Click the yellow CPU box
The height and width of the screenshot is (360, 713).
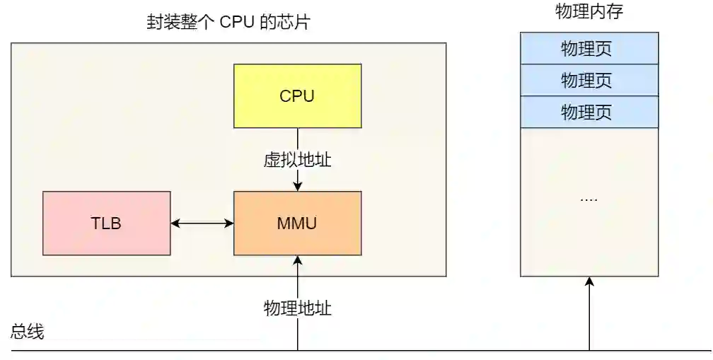pyautogui.click(x=297, y=95)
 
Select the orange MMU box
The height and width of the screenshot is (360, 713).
pyautogui.click(x=297, y=223)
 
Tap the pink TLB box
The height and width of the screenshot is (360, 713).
pyautogui.click(x=106, y=223)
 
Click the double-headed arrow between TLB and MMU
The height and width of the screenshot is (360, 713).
pyautogui.click(x=202, y=223)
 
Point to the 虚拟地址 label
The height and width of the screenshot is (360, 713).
pyautogui.click(x=297, y=160)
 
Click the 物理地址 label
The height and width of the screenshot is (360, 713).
pyautogui.click(x=297, y=308)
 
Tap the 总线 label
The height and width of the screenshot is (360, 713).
pyautogui.click(x=28, y=332)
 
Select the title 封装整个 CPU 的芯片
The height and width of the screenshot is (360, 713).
pyautogui.click(x=228, y=22)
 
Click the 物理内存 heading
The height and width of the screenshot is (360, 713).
pyautogui.click(x=589, y=12)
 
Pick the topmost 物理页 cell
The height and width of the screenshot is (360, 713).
pyautogui.click(x=589, y=48)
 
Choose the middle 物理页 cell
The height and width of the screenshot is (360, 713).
pyautogui.click(x=589, y=80)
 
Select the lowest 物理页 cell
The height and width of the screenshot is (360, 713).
pyautogui.click(x=589, y=112)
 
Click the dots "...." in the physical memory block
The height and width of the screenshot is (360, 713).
pyautogui.click(x=589, y=199)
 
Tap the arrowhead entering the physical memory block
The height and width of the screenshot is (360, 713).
pyautogui.click(x=589, y=281)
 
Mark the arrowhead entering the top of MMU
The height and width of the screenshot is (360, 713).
pyautogui.click(x=298, y=186)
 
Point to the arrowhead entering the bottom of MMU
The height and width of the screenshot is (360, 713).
pyautogui.click(x=298, y=260)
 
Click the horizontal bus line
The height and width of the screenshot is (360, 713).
pyautogui.click(x=424, y=350)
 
